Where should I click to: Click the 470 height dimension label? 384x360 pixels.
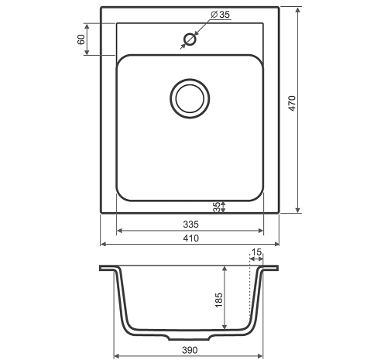point(292,103)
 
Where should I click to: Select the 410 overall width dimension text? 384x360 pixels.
point(191,238)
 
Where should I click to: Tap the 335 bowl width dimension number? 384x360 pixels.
point(191,225)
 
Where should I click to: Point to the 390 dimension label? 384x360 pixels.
point(190,350)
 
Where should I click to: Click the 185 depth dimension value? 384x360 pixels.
point(218,300)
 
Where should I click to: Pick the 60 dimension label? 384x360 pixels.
point(81,39)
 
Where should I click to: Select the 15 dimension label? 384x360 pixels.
point(256,252)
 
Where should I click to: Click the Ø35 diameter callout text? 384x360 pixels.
point(220,15)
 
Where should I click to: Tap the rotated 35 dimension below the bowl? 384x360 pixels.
point(217,207)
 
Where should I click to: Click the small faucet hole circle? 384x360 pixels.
point(190,39)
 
